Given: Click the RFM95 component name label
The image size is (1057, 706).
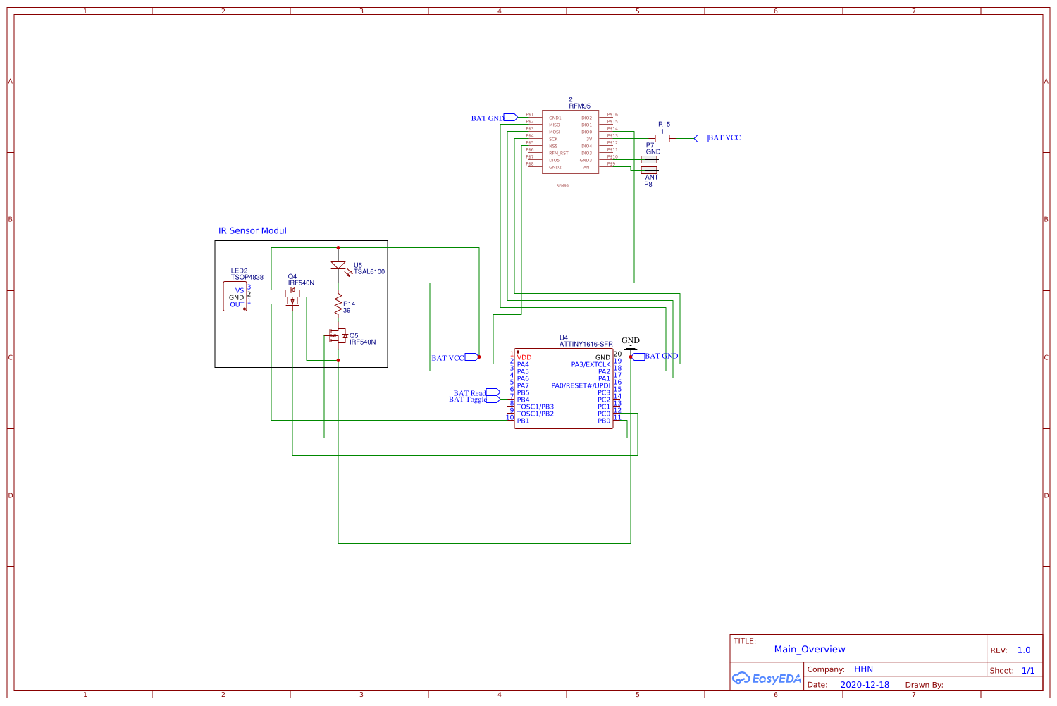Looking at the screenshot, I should pyautogui.click(x=579, y=106).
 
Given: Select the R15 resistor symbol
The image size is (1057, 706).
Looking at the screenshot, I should pyautogui.click(x=662, y=139).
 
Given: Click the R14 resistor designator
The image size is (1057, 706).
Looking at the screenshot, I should pyautogui.click(x=349, y=304).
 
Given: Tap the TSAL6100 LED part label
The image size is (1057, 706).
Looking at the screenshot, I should pyautogui.click(x=369, y=272).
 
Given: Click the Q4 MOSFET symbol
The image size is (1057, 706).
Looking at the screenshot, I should pyautogui.click(x=292, y=297).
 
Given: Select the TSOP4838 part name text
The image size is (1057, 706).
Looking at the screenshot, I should pyautogui.click(x=247, y=278).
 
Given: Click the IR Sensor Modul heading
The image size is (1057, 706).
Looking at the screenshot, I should pyautogui.click(x=252, y=231).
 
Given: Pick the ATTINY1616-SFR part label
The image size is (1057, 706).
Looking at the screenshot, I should pyautogui.click(x=586, y=345).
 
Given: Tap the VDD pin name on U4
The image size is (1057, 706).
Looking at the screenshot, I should pyautogui.click(x=524, y=358).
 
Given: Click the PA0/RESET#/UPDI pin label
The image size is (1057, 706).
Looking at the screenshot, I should pyautogui.click(x=581, y=386).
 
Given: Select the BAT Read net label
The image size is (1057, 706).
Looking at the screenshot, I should pyautogui.click(x=469, y=393).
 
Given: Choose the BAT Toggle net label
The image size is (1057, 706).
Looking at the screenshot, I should pyautogui.click(x=467, y=400).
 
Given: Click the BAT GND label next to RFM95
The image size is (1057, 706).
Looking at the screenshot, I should pyautogui.click(x=488, y=118).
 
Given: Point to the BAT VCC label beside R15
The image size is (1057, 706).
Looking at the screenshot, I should pyautogui.click(x=724, y=138).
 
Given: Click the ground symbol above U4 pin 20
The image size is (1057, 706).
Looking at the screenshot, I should pyautogui.click(x=631, y=347).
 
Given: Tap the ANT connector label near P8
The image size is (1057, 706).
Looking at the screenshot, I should pyautogui.click(x=651, y=178).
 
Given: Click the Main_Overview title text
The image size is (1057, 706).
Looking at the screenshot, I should pyautogui.click(x=809, y=650).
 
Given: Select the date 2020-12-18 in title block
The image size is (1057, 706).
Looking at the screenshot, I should pyautogui.click(x=865, y=685).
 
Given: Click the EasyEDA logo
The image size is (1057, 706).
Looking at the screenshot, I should pyautogui.click(x=767, y=679).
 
